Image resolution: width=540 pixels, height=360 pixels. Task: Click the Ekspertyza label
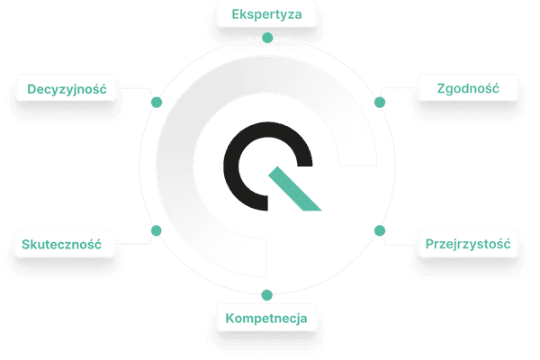coord(266,14)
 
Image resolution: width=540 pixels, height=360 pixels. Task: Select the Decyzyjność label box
coord(66,88)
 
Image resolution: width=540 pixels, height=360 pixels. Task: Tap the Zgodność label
coord(468,88)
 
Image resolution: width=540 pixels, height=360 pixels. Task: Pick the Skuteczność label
coord(65,244)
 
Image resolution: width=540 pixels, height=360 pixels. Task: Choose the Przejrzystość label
coord(468,244)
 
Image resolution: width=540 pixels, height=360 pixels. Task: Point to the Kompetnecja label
coord(266,318)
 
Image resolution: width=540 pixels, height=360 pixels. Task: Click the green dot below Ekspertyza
coord(267,38)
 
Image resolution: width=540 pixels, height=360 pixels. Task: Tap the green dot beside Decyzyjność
coord(157,102)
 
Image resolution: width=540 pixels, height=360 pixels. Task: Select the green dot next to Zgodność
coord(380,102)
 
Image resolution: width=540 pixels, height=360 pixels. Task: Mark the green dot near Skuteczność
coord(156,230)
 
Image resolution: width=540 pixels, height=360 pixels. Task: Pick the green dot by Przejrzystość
coord(380,230)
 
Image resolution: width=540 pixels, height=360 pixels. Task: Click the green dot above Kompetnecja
coord(267,295)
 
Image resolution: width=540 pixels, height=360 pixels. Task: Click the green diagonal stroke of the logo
coord(294,188)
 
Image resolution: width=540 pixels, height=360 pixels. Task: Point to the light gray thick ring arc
coord(175,166)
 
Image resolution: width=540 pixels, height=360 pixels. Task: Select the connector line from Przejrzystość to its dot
coord(400,244)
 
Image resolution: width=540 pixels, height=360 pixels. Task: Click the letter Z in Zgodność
coord(441,88)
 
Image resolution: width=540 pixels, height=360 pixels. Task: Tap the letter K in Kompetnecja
coord(229,318)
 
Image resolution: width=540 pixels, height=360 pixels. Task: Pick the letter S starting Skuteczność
coord(25,244)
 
